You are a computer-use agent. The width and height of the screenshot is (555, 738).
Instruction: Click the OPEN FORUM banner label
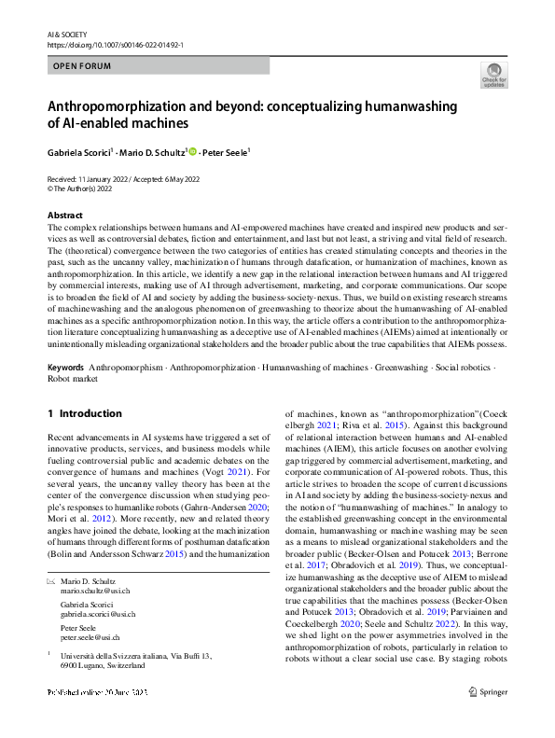pos(82,66)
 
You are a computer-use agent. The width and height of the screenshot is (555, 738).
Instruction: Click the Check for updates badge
pos(493,75)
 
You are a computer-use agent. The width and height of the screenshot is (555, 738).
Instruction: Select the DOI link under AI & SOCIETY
pos(115,43)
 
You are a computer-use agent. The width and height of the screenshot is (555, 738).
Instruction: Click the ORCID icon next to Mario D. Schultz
pos(192,150)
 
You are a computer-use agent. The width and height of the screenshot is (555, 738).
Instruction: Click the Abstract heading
pos(65,215)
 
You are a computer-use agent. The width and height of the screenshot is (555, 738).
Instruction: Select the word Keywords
pos(66,380)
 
